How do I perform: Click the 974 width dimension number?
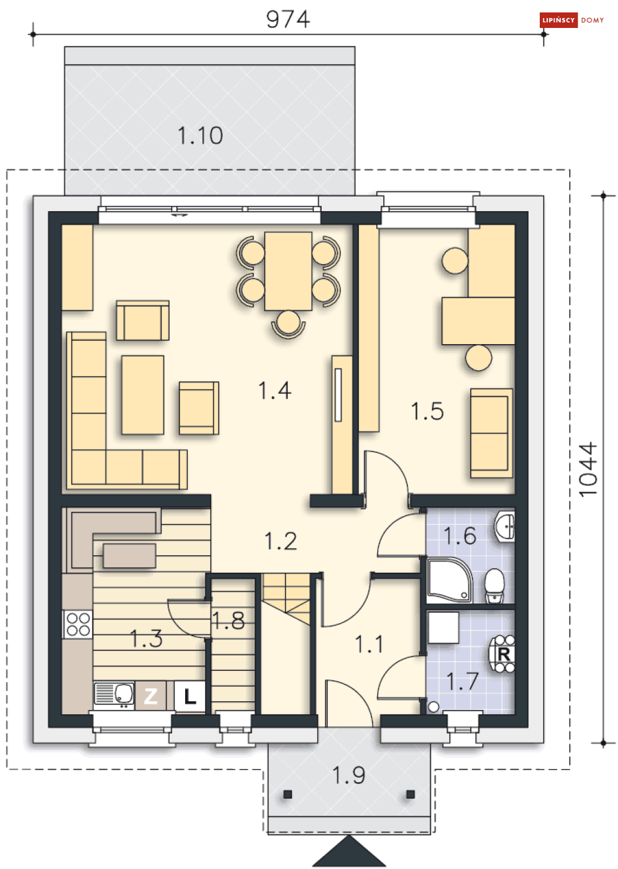[x=288, y=19]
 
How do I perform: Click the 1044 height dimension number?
[x=588, y=469]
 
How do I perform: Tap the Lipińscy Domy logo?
[x=572, y=20]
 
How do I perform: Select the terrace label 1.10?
[x=200, y=135]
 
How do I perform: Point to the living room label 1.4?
[x=275, y=391]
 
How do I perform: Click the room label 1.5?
[x=427, y=411]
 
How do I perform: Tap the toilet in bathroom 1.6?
[x=494, y=585]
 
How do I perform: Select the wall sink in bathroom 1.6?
[x=505, y=527]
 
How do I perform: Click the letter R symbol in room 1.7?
[x=503, y=654]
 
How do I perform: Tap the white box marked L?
[x=189, y=696]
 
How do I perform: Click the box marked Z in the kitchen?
[x=151, y=696]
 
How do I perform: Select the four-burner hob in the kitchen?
[x=78, y=624]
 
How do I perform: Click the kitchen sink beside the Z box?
[x=114, y=695]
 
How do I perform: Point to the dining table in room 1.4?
[x=288, y=271]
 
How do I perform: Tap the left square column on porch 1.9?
[x=288, y=794]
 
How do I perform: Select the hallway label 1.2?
[x=281, y=541]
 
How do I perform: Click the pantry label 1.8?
[x=229, y=620]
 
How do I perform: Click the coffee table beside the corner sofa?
[x=143, y=394]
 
